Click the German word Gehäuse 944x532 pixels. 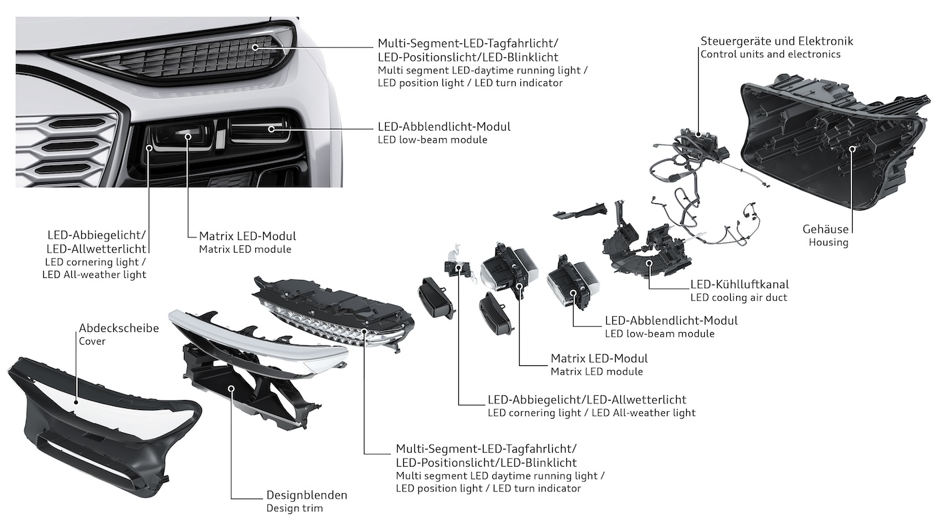(x=825, y=229)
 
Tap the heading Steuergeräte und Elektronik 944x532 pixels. (x=776, y=41)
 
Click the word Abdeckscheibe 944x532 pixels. (x=119, y=328)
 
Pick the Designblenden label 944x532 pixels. (x=306, y=495)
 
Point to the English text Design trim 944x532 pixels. (x=294, y=508)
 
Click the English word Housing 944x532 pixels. (x=828, y=242)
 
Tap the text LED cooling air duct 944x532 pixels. (x=739, y=297)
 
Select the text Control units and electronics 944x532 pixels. (x=770, y=54)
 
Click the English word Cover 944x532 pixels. (x=92, y=341)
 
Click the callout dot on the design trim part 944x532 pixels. (x=231, y=387)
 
